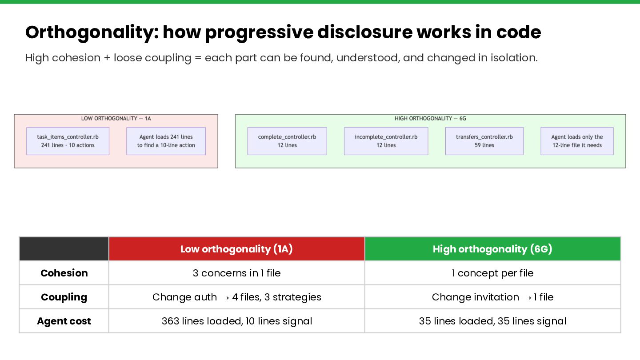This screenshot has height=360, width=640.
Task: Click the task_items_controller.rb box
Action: pos(68,141)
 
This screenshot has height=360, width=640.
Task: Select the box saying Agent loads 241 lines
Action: pos(166,141)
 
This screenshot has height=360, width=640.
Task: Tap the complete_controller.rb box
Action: pos(287,141)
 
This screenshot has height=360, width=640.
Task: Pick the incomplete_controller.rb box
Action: pos(386,141)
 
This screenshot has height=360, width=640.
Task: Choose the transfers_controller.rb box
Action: pos(484,141)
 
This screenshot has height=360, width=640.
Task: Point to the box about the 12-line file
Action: pos(577,141)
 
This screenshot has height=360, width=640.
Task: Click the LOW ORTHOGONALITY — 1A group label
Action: pos(116,119)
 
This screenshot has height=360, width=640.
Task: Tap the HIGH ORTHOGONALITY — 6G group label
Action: pos(430,119)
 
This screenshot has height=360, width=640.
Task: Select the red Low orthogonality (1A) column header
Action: pos(236,249)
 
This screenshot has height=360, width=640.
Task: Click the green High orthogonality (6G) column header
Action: pos(492,249)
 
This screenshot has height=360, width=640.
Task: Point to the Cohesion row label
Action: pos(64,273)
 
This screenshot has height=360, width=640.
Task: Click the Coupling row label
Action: pos(64,297)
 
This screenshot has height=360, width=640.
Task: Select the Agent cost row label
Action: pos(64,321)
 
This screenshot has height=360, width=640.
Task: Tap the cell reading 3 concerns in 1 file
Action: pos(236,273)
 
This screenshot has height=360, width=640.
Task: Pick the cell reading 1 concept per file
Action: pos(492,273)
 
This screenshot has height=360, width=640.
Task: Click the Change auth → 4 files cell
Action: pos(236,297)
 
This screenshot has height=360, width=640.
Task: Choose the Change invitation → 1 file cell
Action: pos(492,297)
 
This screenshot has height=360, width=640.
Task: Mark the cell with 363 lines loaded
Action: pos(236,321)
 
